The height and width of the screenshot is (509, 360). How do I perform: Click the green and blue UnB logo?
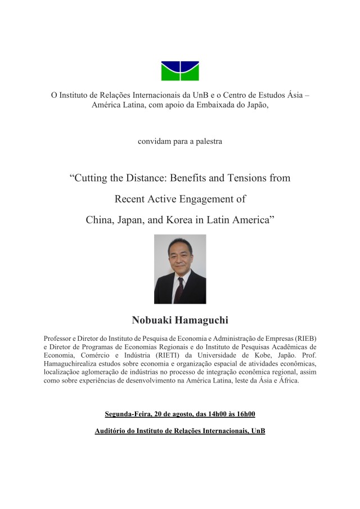tap(179, 70)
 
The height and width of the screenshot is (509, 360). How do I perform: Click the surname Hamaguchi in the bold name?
tap(200, 321)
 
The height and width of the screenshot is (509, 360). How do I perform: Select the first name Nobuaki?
tap(151, 321)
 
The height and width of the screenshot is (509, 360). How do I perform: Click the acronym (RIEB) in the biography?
tap(304, 339)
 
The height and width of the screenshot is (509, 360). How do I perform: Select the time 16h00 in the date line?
tap(245, 415)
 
